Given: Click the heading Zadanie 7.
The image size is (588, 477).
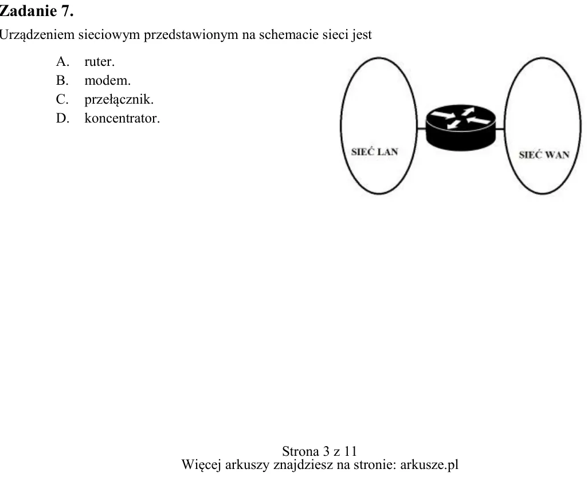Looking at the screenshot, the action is pos(36,11).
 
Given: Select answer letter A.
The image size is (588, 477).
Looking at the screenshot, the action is pos(62,61).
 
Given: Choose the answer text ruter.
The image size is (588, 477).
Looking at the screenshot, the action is pos(99,62).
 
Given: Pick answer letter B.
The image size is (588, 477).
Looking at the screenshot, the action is pos(62,80).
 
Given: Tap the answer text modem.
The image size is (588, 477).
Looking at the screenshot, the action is pos(108,81).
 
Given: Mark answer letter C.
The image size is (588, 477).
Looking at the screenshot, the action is pos(62,99).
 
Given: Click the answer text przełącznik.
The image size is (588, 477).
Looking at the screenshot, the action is pos(119,100).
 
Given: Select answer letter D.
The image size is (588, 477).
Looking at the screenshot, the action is pos(62,118).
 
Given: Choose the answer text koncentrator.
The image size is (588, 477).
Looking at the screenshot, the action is pos(122,119).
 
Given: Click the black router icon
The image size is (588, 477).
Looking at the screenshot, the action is pos(461,128).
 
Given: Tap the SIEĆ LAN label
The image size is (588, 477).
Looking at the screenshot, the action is pos(374,152).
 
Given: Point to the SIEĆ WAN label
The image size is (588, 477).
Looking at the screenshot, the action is pos(544,155).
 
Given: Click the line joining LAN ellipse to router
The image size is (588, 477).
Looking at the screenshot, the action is pos(421,129).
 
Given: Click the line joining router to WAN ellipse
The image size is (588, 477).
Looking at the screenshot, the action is pos(500,129).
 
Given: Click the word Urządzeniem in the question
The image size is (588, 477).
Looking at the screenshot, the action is pos(37,35).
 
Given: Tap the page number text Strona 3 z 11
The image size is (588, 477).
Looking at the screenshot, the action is pos(319,451).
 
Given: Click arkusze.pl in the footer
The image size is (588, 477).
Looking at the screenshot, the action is pos(429,464).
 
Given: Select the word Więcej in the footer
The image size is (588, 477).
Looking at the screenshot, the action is pos(201,465).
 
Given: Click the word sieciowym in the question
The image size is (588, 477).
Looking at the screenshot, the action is pos(109,35).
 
